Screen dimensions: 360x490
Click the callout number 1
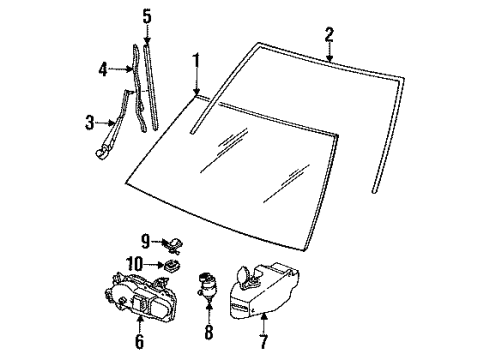click(x=196, y=61)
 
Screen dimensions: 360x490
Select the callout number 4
click(x=103, y=70)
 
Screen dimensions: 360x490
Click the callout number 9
click(x=144, y=240)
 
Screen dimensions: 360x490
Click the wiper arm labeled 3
click(x=115, y=125)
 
